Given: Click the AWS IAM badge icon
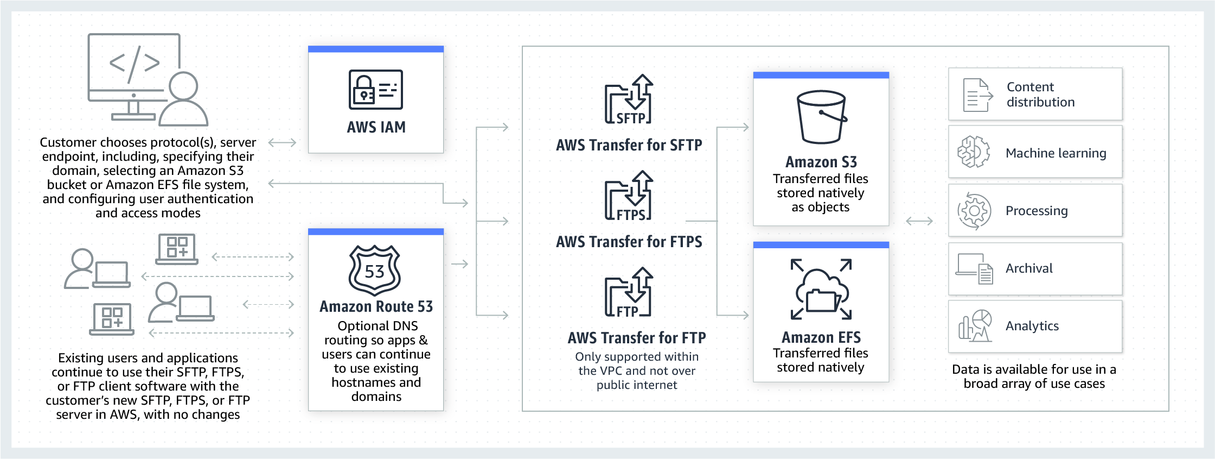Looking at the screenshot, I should [x=375, y=90].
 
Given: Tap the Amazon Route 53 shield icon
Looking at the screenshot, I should [x=375, y=270].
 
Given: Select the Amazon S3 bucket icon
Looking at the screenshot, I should [x=821, y=117].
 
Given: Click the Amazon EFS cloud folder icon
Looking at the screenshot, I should [x=821, y=290].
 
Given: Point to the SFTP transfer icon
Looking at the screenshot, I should [x=629, y=100].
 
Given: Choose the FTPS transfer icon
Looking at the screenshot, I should [x=629, y=196].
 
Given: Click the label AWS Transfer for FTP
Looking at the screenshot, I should [x=637, y=338].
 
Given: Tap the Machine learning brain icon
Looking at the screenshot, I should [x=974, y=152].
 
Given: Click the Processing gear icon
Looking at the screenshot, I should [x=974, y=211].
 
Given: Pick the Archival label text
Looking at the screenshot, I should [x=1029, y=268].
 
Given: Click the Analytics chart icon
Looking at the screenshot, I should [x=975, y=326].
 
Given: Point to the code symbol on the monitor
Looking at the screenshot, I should [x=135, y=64].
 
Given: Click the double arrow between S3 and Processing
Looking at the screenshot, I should [x=919, y=221].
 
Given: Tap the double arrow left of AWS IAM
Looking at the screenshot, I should [x=282, y=143].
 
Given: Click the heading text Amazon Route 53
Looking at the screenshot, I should [x=376, y=307].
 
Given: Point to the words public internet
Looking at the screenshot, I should [x=637, y=385].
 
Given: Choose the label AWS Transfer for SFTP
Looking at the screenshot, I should [x=629, y=145].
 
